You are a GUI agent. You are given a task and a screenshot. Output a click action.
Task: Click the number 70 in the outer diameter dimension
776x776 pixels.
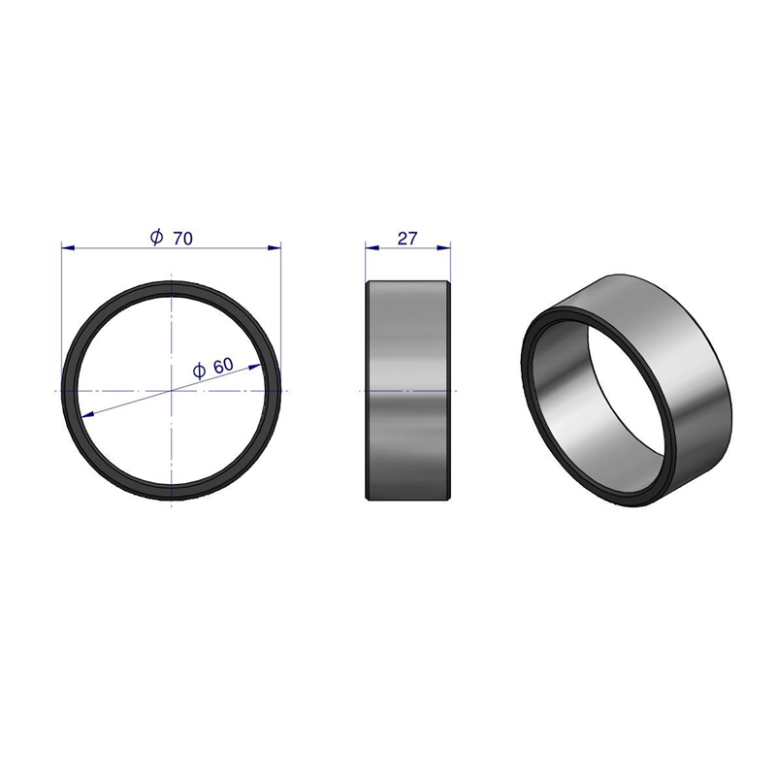point(182,239)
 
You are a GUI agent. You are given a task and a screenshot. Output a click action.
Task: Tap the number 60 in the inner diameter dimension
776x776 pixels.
point(223,366)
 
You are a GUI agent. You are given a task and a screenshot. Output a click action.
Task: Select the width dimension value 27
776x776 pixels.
point(407,239)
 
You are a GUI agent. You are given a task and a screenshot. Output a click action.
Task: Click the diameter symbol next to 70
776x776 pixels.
point(156,237)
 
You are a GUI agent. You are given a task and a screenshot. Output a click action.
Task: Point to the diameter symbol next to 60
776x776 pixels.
point(199,371)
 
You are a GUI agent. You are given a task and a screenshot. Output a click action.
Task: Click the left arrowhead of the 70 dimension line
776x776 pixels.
point(68,247)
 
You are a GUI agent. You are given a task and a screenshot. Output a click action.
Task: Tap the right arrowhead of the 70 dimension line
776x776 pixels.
point(275,247)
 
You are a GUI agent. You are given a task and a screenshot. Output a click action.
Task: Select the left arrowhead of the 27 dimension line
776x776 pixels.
point(372,247)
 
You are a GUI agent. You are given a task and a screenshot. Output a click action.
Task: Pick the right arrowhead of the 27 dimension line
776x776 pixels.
point(444,247)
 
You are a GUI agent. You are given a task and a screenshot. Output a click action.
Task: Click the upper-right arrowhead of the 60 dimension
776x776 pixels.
point(255,367)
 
